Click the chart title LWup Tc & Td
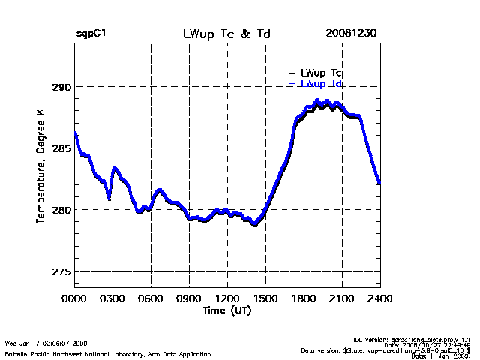click(226, 34)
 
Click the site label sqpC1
click(92, 34)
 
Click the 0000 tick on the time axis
click(74, 298)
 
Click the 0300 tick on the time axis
click(112, 298)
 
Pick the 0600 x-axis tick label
click(151, 298)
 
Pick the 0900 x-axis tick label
click(189, 298)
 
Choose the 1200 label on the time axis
click(227, 298)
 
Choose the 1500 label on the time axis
click(265, 298)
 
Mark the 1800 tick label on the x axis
click(304, 298)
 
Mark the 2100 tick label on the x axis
click(342, 298)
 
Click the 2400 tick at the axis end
click(379, 298)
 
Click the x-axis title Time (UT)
click(226, 310)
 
